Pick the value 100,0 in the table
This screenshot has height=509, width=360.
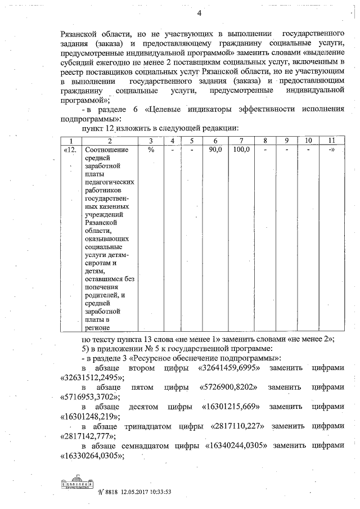(241, 150)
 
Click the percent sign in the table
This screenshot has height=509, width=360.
(150, 150)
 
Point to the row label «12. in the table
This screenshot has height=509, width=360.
(71, 150)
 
